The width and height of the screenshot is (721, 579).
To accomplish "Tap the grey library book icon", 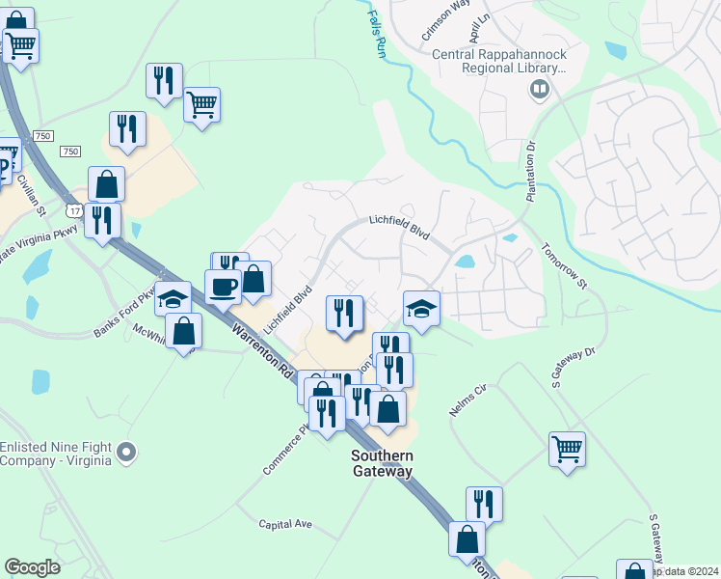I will [540, 92].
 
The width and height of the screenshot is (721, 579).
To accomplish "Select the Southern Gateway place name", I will [382, 463].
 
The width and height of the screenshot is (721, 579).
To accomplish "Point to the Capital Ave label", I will [285, 524].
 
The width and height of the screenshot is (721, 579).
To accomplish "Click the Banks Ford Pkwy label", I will [123, 314].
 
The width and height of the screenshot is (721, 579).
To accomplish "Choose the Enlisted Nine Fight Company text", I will [56, 454].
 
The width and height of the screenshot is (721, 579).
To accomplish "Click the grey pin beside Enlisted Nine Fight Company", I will [126, 452].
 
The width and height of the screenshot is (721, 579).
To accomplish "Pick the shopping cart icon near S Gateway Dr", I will [567, 448].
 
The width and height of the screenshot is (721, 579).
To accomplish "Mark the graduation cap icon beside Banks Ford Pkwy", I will [174, 298].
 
